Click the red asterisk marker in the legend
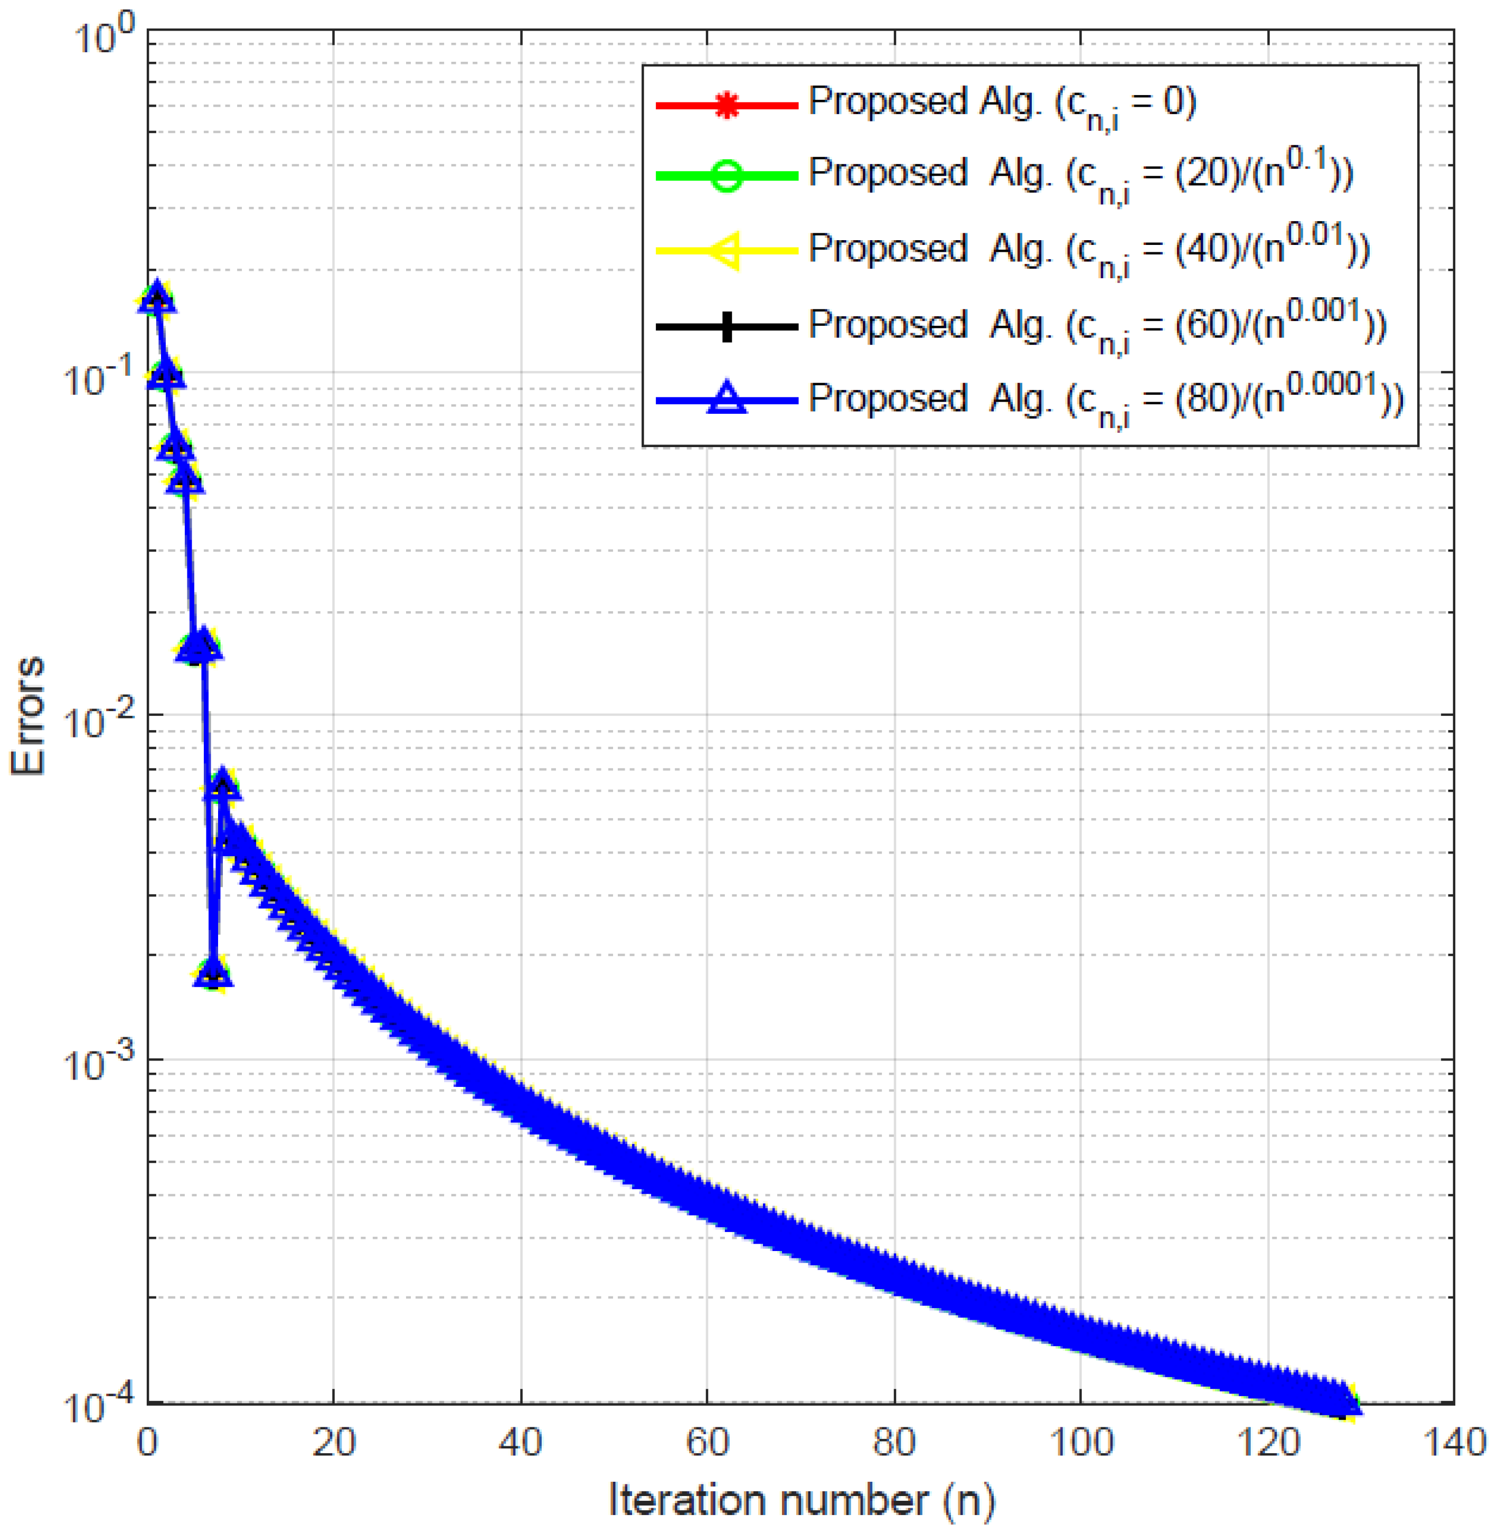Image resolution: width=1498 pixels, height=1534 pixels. tap(727, 105)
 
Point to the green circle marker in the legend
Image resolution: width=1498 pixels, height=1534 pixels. tap(727, 175)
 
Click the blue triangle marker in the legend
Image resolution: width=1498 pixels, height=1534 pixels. tap(727, 399)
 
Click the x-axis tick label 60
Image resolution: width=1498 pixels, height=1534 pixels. tap(708, 1443)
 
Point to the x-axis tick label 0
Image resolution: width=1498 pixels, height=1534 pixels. tap(147, 1443)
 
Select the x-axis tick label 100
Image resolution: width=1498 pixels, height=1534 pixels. tap(1081, 1443)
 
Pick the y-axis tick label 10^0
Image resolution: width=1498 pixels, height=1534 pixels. tap(102, 35)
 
